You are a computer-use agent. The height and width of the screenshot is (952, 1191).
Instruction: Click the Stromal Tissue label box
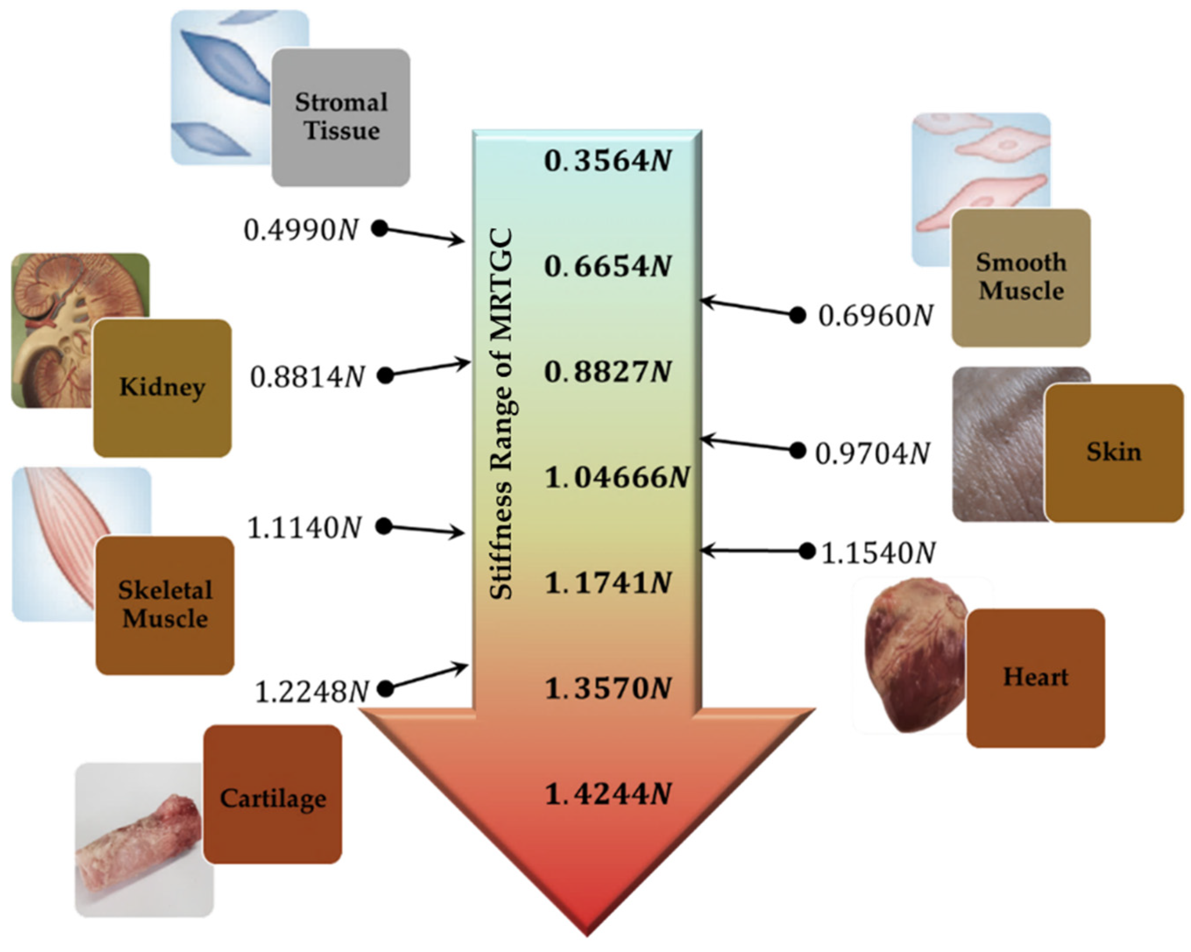341,117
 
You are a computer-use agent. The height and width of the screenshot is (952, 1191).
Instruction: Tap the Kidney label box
162,387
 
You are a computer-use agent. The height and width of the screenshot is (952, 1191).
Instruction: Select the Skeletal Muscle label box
165,605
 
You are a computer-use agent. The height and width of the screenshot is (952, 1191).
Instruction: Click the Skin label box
1113,453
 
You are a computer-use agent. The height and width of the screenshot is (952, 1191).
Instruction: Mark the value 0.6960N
876,316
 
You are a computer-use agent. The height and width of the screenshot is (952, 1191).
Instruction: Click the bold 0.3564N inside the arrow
608,161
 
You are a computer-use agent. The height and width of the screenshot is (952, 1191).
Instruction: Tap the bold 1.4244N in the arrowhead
608,794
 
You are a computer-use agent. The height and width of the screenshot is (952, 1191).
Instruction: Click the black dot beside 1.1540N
807,551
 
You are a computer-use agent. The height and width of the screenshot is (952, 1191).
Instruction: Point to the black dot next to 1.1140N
384,527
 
